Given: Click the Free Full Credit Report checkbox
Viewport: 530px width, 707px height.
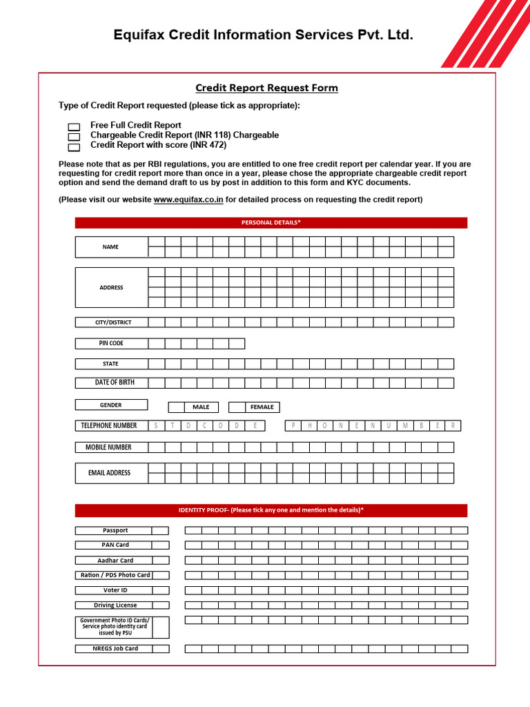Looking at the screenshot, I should point(74,127).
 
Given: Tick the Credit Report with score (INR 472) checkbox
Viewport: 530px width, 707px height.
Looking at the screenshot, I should point(74,146).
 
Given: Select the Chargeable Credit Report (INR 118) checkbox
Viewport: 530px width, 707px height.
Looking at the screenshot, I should point(74,137).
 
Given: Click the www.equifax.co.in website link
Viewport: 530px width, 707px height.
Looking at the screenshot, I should point(188,200).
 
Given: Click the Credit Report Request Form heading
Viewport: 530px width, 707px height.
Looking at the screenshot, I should point(266,88).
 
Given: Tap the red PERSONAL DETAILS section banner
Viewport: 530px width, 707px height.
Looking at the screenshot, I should point(271,222).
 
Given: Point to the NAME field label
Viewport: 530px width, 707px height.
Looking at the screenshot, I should point(110,246).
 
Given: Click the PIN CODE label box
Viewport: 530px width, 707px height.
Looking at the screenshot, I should point(110,343).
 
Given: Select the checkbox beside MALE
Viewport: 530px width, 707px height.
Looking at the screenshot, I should point(177,407).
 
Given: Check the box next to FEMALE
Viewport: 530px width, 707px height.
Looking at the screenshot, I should point(237,407).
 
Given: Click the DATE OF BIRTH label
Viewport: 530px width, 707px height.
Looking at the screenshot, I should point(110,382).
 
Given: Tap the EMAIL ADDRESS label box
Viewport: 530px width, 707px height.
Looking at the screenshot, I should point(110,473).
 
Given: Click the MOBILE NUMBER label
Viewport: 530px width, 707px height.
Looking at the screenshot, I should point(110,447).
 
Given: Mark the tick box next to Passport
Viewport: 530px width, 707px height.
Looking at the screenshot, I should point(160,530).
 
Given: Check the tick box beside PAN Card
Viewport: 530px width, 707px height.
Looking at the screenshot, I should point(160,545).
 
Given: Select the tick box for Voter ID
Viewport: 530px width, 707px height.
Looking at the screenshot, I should point(160,590).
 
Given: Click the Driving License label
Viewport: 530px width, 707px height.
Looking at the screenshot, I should point(115,606).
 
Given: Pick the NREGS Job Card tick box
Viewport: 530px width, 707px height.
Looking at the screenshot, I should point(160,649).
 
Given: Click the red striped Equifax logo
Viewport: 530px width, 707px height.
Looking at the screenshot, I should point(483,35).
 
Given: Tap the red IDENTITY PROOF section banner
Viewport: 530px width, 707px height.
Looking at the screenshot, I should point(271,510).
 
